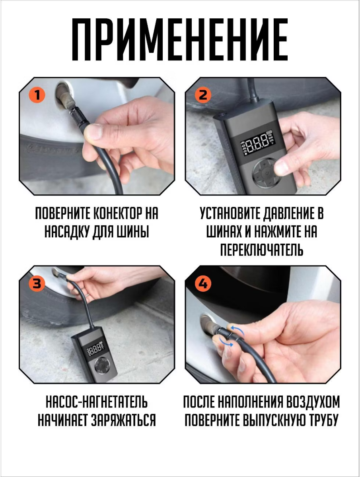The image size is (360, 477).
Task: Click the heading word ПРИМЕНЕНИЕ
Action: click(180, 39)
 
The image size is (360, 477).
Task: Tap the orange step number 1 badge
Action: click(37, 95)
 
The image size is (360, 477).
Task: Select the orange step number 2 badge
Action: click(203, 95)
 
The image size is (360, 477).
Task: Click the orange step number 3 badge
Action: click(37, 283)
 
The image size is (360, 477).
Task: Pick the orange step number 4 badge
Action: click(203, 283)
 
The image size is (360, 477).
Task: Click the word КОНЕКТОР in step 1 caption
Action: click(118, 213)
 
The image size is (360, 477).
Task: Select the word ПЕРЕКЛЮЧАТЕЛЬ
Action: click(262, 250)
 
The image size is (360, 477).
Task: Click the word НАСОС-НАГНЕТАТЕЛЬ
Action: click(97, 402)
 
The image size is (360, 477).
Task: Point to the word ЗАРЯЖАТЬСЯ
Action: click(123, 421)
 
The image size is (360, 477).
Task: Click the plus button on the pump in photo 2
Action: click(265, 165)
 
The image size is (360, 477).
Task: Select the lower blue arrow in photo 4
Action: click(226, 343)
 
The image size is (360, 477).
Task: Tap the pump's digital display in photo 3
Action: click(95, 349)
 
